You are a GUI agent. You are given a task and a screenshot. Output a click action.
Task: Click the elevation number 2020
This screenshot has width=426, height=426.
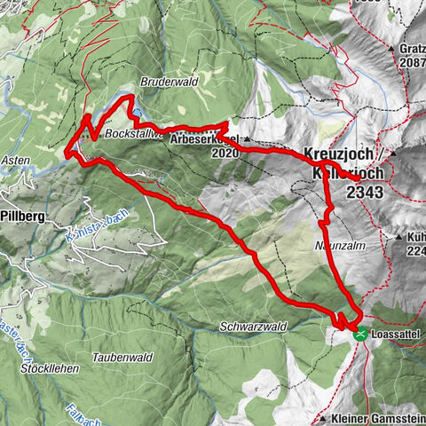click(225, 152)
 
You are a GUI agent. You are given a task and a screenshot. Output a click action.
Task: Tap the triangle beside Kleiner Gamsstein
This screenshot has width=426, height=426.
click(322, 416)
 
